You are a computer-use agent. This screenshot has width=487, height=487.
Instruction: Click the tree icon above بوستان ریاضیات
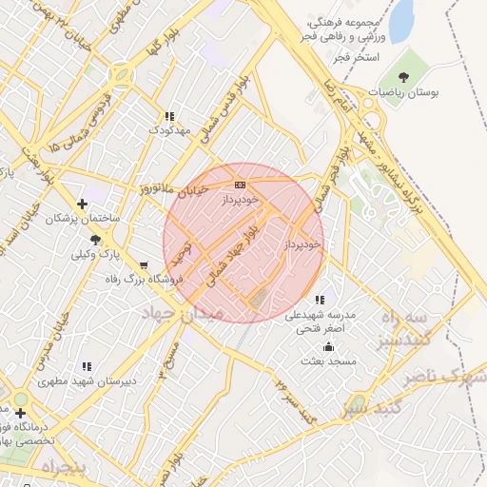tap(405, 76)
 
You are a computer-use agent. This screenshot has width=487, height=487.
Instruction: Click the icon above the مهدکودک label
tap(169, 116)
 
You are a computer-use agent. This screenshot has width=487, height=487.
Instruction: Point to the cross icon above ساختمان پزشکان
tap(83, 204)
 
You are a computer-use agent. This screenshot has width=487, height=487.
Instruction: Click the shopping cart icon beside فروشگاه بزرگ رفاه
tap(143, 265)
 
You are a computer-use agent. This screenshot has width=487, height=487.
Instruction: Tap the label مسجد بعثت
tap(327, 361)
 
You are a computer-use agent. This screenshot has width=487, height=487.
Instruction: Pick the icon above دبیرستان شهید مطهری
tap(87, 366)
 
